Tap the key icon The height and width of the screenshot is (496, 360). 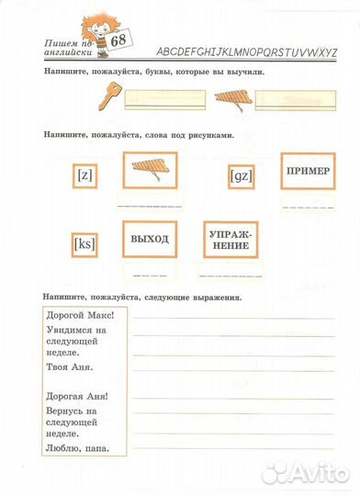[x=111, y=93]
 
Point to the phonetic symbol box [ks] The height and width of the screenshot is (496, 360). [x=85, y=243]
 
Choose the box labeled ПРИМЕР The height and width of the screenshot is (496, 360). [x=308, y=172]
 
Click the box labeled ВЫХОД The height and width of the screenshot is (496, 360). [x=150, y=239]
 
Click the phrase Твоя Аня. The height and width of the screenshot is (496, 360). [x=68, y=366]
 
